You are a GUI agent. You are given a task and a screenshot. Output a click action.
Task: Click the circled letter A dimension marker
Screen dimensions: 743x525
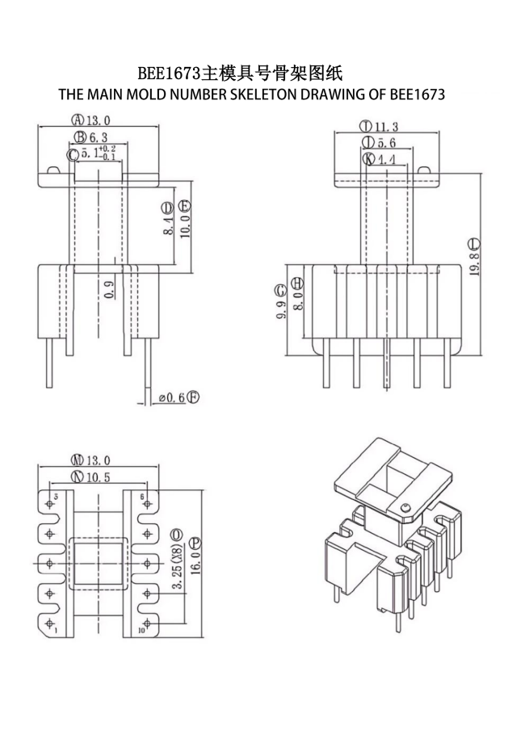pyautogui.click(x=79, y=122)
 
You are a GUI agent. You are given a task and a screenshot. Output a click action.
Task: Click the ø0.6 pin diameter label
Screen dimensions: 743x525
pyautogui.click(x=171, y=397)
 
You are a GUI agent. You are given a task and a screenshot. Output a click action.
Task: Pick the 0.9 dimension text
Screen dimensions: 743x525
pyautogui.click(x=109, y=288)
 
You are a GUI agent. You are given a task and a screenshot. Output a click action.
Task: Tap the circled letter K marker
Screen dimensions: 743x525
pyautogui.click(x=369, y=159)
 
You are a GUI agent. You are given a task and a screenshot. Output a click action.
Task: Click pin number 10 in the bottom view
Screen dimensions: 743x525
pyautogui.click(x=141, y=631)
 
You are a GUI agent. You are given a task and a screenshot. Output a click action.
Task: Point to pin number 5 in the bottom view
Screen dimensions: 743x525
pyautogui.click(x=56, y=496)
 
